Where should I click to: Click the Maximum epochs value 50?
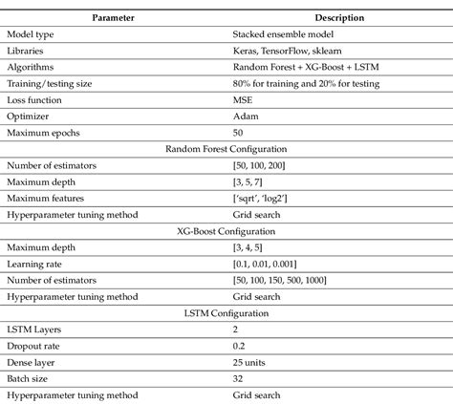click(239, 132)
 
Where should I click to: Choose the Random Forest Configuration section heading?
click(226, 149)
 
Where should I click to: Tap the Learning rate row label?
click(36, 263)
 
